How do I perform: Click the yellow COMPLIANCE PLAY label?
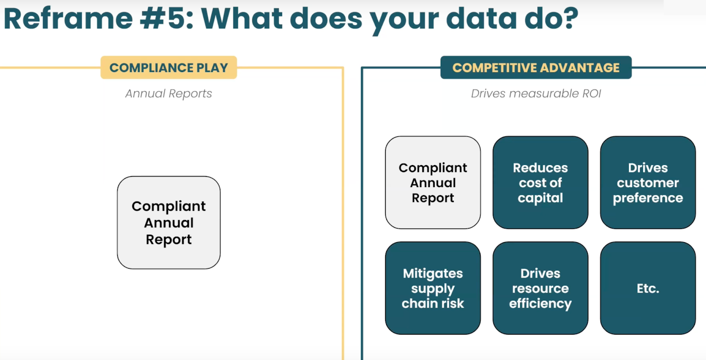169,67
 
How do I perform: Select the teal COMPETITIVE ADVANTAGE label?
536,67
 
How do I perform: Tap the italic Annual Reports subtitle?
169,94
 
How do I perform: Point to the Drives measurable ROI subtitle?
536,94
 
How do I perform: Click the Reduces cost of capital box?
540,182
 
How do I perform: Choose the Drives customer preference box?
648,182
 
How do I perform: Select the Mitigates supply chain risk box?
432,288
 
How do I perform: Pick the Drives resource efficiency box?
540,288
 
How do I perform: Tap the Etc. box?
648,288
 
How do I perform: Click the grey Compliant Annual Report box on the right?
432,182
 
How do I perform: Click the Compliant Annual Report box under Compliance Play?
169,222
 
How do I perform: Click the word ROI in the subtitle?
591,94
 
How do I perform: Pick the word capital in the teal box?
540,198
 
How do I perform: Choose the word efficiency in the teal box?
540,304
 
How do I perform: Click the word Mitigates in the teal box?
432,273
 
